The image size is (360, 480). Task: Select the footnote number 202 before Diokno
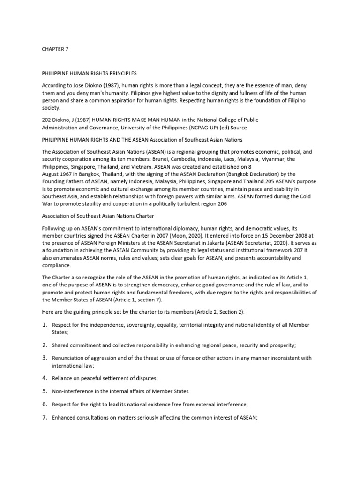tap(47, 120)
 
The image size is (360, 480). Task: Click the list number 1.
tap(45, 325)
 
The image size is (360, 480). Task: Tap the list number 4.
tap(45, 377)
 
